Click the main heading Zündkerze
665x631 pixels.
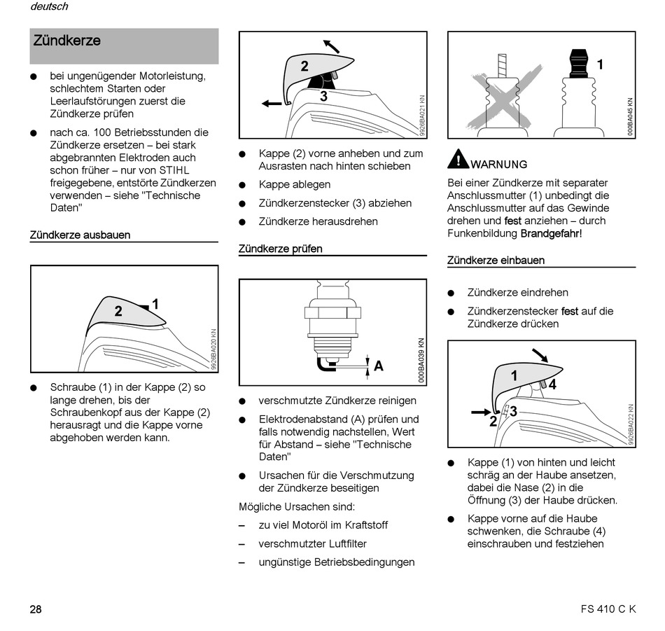(x=67, y=41)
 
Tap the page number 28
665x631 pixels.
(x=36, y=609)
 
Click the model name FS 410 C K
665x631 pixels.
(x=608, y=609)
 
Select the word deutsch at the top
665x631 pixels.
(x=49, y=7)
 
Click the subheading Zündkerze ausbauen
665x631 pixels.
(x=80, y=235)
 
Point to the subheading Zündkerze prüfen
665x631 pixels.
(x=280, y=249)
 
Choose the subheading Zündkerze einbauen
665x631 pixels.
(x=496, y=261)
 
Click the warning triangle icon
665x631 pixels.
(x=458, y=160)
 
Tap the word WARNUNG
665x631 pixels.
(x=499, y=165)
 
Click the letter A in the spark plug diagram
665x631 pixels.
(x=378, y=366)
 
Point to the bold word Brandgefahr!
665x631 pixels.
(x=551, y=233)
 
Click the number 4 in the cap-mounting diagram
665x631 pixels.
(x=552, y=384)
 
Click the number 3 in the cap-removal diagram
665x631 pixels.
(x=323, y=97)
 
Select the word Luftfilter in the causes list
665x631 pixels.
(x=340, y=543)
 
